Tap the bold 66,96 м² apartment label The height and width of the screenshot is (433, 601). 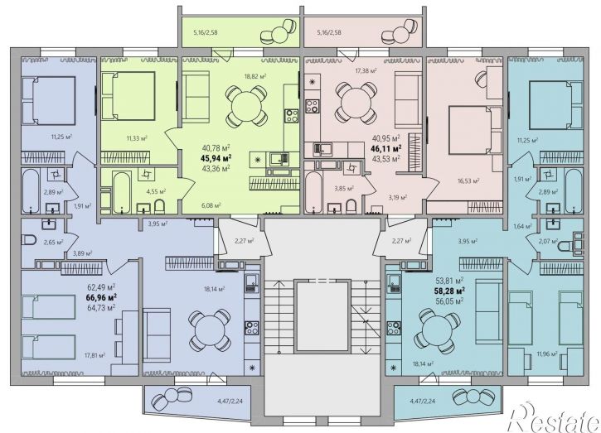coord(102,296)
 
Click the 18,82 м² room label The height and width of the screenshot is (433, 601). coord(255,76)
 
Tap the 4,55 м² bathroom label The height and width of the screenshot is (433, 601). coord(158,190)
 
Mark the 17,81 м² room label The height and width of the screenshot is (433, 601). coord(95,355)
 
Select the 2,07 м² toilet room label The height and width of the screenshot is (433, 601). coord(548,241)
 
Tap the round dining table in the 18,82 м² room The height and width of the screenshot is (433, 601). coord(245,107)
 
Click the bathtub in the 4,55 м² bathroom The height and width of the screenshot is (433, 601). coord(122,193)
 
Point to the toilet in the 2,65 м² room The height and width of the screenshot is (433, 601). coord(29,240)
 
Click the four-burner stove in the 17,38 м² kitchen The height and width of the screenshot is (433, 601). coord(313,106)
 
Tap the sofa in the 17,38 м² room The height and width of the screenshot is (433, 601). coord(409,99)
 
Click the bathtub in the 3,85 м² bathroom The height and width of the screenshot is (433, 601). coord(313,193)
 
